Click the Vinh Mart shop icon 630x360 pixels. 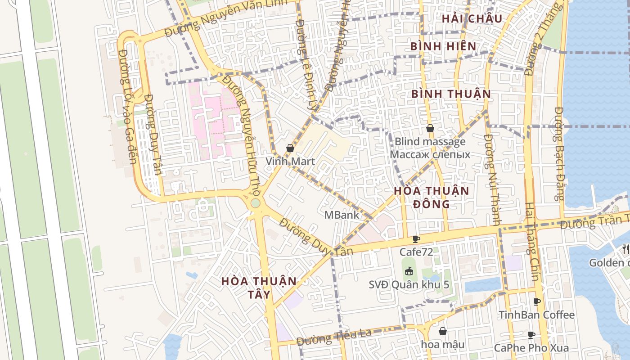[290, 148]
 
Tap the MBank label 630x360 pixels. [342, 215]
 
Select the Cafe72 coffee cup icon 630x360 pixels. [416, 239]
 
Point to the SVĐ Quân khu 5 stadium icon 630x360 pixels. [409, 271]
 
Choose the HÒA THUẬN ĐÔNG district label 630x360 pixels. [431, 197]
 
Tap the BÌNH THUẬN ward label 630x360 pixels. [451, 94]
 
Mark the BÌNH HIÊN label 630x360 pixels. [443, 46]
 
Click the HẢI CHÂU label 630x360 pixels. [472, 18]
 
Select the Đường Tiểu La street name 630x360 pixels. [334, 335]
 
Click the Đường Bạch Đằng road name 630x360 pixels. [559, 153]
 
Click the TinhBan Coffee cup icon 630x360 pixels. [536, 301]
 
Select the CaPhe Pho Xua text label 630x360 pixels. [531, 348]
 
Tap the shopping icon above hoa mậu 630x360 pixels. [443, 331]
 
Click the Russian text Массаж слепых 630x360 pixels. [430, 155]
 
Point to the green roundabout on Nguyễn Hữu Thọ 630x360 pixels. [255, 203]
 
